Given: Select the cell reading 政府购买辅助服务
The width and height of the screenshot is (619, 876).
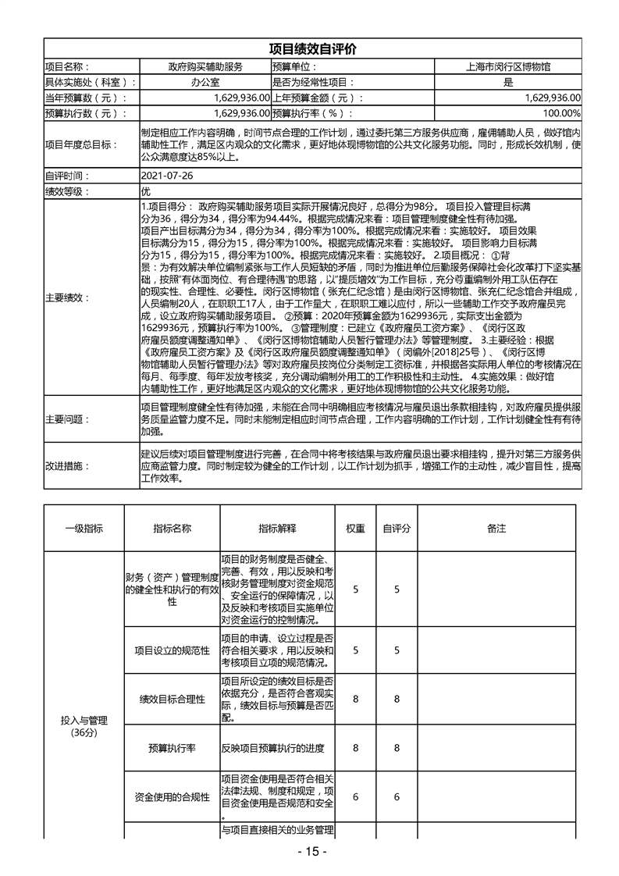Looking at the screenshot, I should (x=205, y=66).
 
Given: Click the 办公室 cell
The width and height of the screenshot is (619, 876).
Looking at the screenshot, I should (x=205, y=82).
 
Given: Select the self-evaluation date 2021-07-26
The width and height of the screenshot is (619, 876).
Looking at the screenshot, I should (x=166, y=176).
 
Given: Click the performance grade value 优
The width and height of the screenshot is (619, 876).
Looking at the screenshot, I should (x=145, y=192).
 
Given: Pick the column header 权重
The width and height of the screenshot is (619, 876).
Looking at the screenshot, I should (x=355, y=529).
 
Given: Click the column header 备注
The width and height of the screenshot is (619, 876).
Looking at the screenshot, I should (x=496, y=529).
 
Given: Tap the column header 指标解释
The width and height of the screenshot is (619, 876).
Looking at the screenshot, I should (x=277, y=529).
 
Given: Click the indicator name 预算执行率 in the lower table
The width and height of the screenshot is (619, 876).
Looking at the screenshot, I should (x=172, y=748).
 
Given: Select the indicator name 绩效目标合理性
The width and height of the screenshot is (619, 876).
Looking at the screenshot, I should (x=172, y=699).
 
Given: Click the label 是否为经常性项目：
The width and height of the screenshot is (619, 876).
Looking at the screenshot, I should (x=313, y=82).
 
